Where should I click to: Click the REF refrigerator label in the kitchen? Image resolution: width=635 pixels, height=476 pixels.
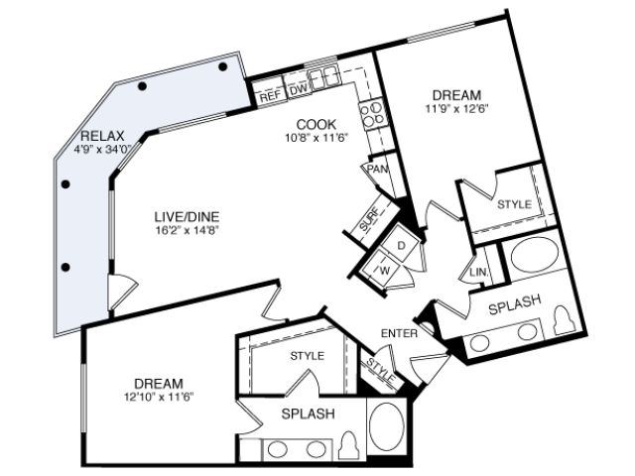click(x=270, y=97)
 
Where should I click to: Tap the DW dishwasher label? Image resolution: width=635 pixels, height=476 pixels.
click(x=299, y=90)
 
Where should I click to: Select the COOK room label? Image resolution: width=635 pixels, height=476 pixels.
click(x=317, y=124)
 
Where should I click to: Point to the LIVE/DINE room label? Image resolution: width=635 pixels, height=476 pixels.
click(x=187, y=216)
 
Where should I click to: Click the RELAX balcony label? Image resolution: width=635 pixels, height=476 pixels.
click(x=102, y=136)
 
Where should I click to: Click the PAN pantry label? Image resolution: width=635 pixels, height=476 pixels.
click(x=378, y=169)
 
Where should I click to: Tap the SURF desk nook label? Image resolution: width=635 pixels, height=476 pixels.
click(x=369, y=219)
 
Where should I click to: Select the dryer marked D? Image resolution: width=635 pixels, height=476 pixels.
click(x=401, y=245)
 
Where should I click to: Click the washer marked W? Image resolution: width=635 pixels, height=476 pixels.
click(x=380, y=269)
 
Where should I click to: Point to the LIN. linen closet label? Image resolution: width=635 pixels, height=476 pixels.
click(x=478, y=273)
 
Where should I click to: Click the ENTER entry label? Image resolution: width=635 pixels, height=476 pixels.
click(x=399, y=333)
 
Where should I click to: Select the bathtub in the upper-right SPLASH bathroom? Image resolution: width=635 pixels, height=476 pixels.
click(x=535, y=254)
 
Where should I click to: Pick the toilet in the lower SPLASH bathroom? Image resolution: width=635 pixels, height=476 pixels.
click(x=348, y=446)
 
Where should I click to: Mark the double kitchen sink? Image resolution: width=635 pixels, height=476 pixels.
click(x=323, y=76)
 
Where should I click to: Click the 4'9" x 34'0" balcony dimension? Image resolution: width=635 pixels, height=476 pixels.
click(x=103, y=150)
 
